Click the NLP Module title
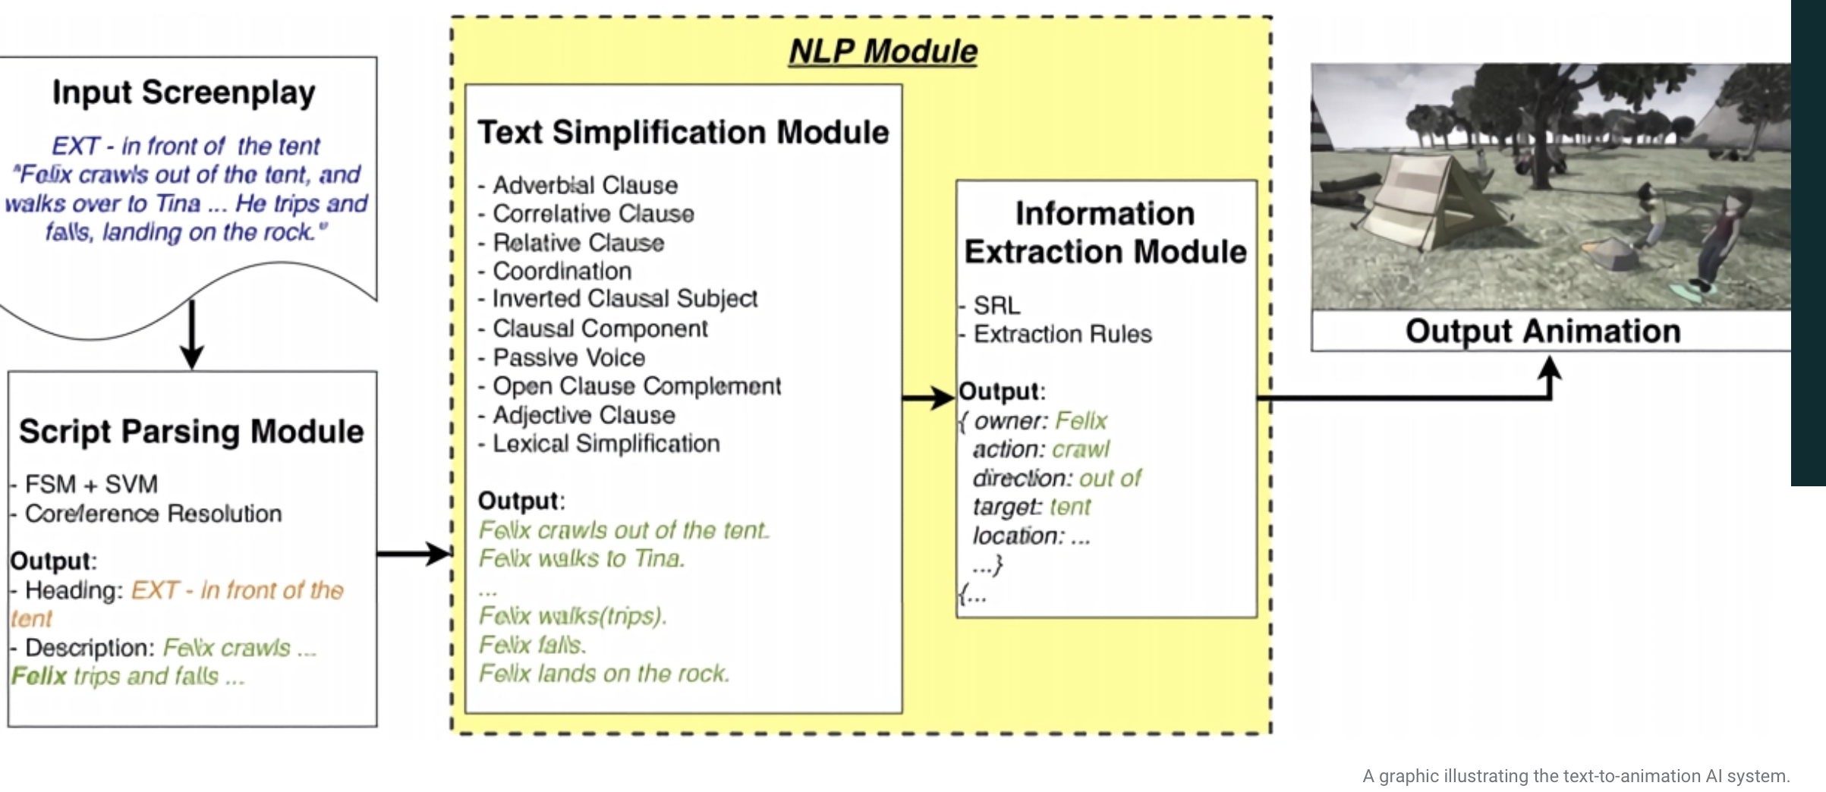(x=883, y=52)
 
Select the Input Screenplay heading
(x=184, y=93)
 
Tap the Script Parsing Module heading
(x=191, y=431)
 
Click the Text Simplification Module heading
(x=683, y=132)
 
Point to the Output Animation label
(x=1543, y=332)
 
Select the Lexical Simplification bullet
(x=599, y=444)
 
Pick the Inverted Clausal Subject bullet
(x=618, y=299)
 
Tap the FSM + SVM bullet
(x=85, y=484)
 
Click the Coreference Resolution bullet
(x=146, y=514)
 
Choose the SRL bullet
(x=990, y=305)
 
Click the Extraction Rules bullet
(x=1056, y=334)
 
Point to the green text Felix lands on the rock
(x=604, y=674)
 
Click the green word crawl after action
(x=1081, y=450)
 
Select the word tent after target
(x=1070, y=507)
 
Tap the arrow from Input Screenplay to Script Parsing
(x=192, y=334)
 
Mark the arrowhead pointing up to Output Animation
(x=1549, y=369)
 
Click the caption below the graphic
(x=1576, y=776)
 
